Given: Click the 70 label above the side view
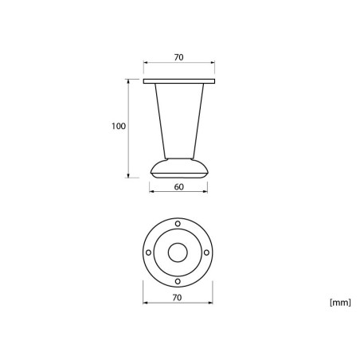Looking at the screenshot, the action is pyautogui.click(x=178, y=57).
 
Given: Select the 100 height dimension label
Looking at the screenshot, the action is pyautogui.click(x=119, y=126).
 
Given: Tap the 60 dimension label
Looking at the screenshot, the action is pyautogui.click(x=179, y=187).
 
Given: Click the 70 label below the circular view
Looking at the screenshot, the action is pyautogui.click(x=177, y=298).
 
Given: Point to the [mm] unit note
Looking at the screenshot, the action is pyautogui.click(x=340, y=303).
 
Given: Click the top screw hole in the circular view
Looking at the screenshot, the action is pyautogui.click(x=178, y=224).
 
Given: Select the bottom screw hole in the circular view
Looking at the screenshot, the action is pyautogui.click(x=178, y=281).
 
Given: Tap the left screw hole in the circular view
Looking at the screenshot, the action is pyautogui.click(x=149, y=252).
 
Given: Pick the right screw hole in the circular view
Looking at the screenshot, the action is pyautogui.click(x=206, y=252).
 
